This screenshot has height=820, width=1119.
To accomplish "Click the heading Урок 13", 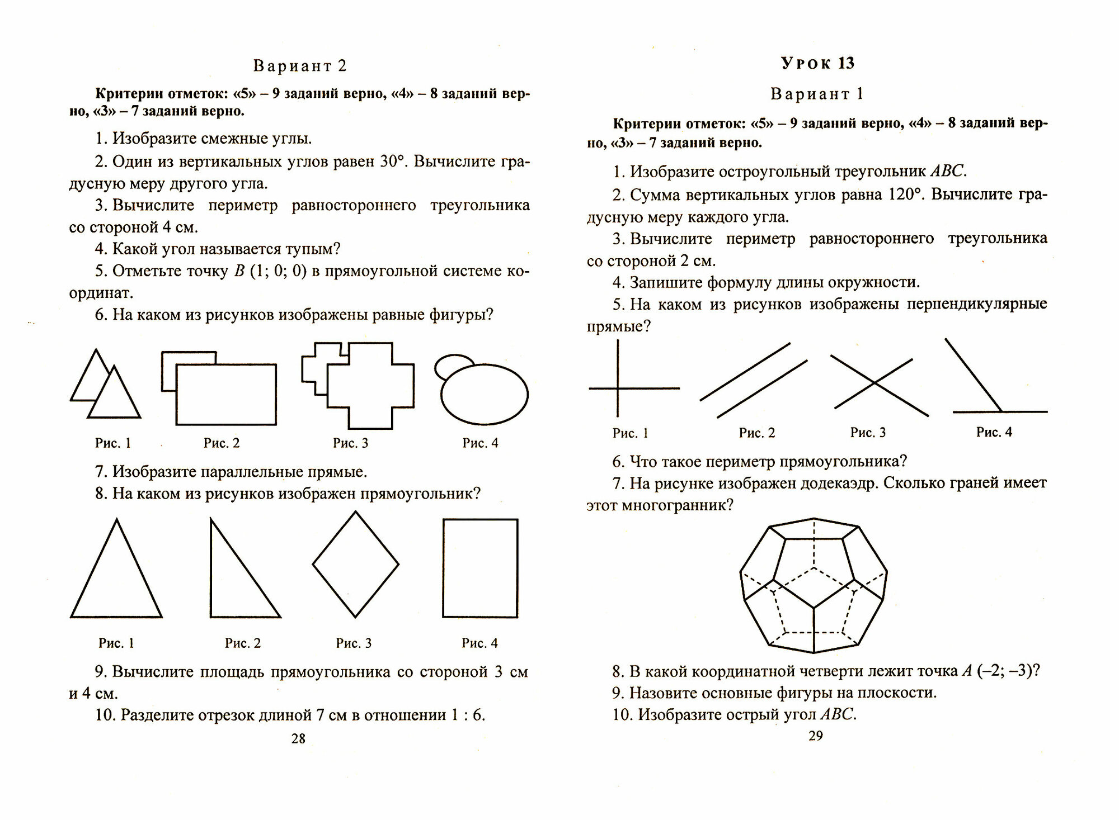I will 817,63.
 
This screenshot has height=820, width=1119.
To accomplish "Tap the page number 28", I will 298,738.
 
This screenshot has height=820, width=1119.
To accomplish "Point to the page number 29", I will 815,736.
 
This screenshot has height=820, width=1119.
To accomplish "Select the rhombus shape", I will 355,565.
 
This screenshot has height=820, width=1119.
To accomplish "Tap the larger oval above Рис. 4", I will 485,395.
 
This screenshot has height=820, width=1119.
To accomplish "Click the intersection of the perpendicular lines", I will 618,388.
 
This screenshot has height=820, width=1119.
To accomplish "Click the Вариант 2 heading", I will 300,66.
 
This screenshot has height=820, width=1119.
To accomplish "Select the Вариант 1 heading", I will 817,94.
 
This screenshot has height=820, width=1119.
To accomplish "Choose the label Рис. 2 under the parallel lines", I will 756,433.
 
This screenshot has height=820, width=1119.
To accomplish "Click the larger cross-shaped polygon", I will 370,386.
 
